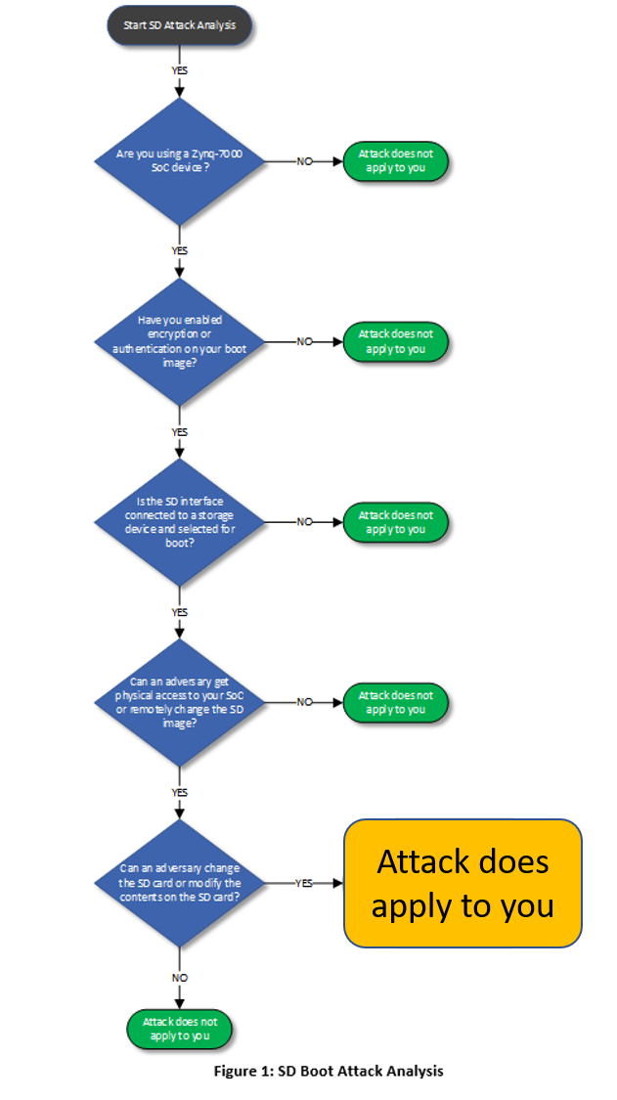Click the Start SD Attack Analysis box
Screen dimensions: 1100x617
pyautogui.click(x=179, y=25)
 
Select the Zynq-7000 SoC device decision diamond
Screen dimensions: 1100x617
pyautogui.click(x=179, y=161)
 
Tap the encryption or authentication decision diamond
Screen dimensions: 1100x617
pyautogui.click(x=179, y=341)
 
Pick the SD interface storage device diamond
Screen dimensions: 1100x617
pyautogui.click(x=179, y=522)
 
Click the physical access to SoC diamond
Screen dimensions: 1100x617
pyautogui.click(x=179, y=702)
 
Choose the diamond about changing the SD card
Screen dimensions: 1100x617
pyautogui.click(x=179, y=883)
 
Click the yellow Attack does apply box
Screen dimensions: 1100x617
pyautogui.click(x=463, y=883)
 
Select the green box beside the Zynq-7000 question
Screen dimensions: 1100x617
pyautogui.click(x=396, y=161)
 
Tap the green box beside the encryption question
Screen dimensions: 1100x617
pyautogui.click(x=396, y=341)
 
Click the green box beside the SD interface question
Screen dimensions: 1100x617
pyautogui.click(x=396, y=522)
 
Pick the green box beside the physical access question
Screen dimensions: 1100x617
pyautogui.click(x=396, y=702)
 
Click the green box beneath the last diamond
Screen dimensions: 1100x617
pyautogui.click(x=180, y=1028)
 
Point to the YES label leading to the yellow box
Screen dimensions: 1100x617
pyautogui.click(x=304, y=883)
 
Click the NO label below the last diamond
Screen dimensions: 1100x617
pyautogui.click(x=180, y=978)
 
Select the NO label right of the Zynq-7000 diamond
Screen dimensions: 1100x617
pyautogui.click(x=304, y=161)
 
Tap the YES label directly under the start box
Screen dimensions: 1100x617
pyautogui.click(x=180, y=70)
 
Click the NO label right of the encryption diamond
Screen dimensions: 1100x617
pyautogui.click(x=304, y=341)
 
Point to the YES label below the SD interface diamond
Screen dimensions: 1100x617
pyautogui.click(x=180, y=612)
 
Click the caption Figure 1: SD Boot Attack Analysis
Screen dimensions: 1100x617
pyautogui.click(x=329, y=1071)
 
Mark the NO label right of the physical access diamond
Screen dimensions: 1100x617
pyautogui.click(x=304, y=702)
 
